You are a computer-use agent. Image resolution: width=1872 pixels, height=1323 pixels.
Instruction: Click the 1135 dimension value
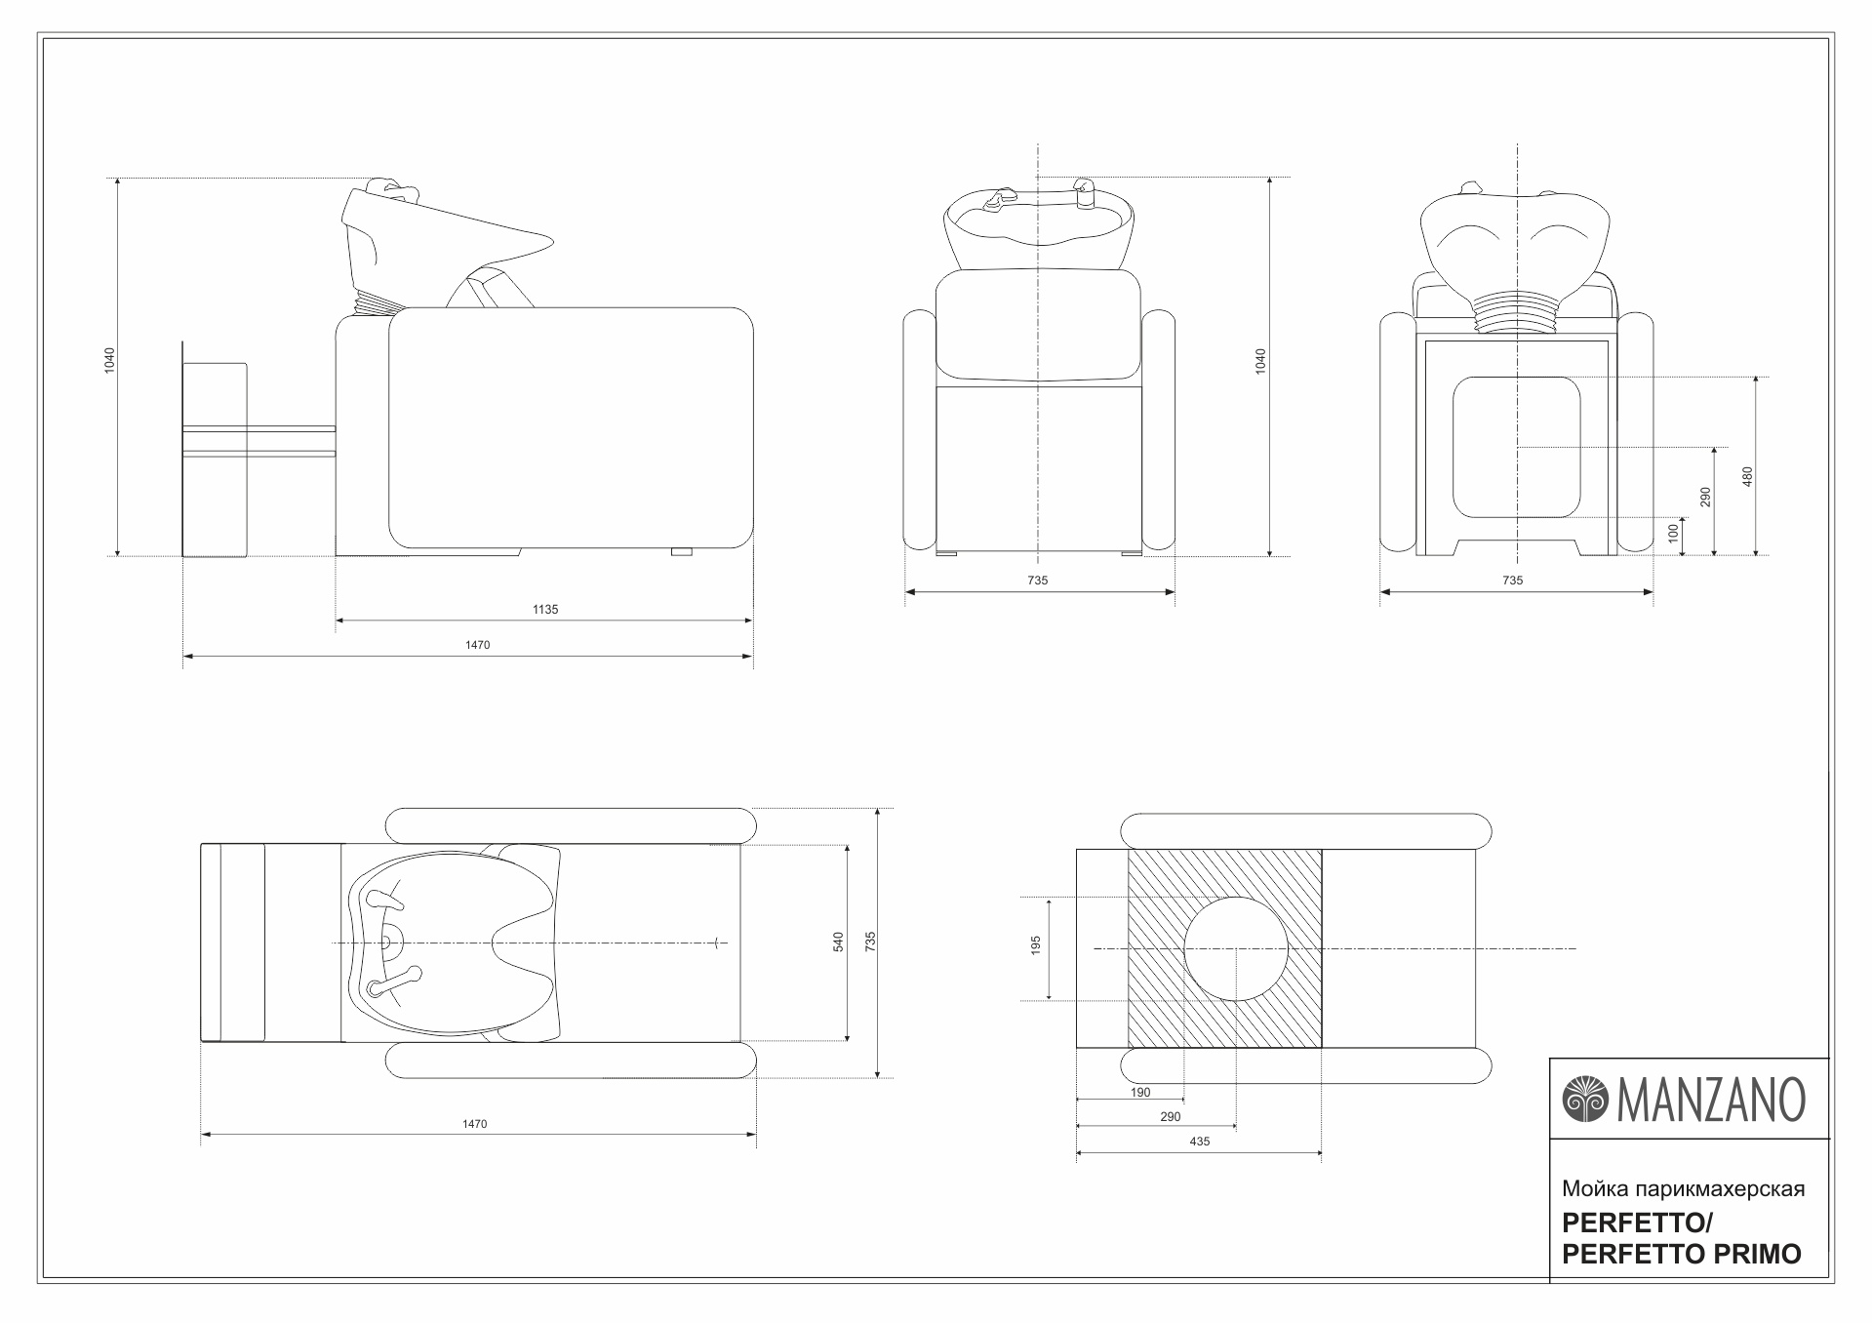pyautogui.click(x=545, y=610)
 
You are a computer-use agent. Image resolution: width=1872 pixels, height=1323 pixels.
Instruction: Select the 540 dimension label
pyautogui.click(x=838, y=942)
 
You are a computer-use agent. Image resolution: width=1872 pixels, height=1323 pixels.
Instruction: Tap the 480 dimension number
pyautogui.click(x=1747, y=476)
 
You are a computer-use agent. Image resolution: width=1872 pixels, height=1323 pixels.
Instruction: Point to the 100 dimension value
pyautogui.click(x=1673, y=534)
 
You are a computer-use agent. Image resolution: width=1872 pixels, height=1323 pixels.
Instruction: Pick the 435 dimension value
pyautogui.click(x=1199, y=1142)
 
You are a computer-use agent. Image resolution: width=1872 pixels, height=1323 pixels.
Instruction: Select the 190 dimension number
pyautogui.click(x=1140, y=1093)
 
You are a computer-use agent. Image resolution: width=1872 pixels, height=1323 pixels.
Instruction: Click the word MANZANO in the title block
pyautogui.click(x=1712, y=1100)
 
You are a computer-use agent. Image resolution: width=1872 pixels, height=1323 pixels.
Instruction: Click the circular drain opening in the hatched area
pyautogui.click(x=1236, y=948)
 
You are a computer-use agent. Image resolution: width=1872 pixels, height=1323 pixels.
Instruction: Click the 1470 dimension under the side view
pyautogui.click(x=477, y=646)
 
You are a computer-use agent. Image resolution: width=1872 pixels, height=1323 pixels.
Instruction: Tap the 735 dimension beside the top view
pyautogui.click(x=870, y=942)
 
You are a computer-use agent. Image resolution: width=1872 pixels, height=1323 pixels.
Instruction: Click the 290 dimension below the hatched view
pyautogui.click(x=1171, y=1117)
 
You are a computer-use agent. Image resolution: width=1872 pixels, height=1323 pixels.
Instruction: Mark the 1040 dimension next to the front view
pyautogui.click(x=1260, y=361)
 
